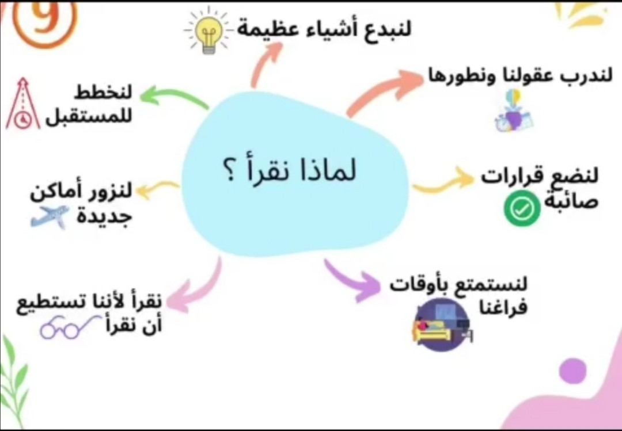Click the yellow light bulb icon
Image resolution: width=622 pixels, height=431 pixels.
tap(208, 31)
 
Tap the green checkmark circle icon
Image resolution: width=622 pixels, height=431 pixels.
tap(522, 208)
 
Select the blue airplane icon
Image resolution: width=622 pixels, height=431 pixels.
tap(50, 216)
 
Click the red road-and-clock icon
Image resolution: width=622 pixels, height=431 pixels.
tap(23, 104)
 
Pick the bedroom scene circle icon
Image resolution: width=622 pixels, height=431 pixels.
tap(442, 325)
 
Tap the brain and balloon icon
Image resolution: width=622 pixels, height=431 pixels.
tap(513, 110)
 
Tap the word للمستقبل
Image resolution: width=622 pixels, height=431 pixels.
tap(88, 117)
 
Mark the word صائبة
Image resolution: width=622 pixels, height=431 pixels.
tap(570, 201)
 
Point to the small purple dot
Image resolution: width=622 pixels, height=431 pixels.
tap(572, 371)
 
